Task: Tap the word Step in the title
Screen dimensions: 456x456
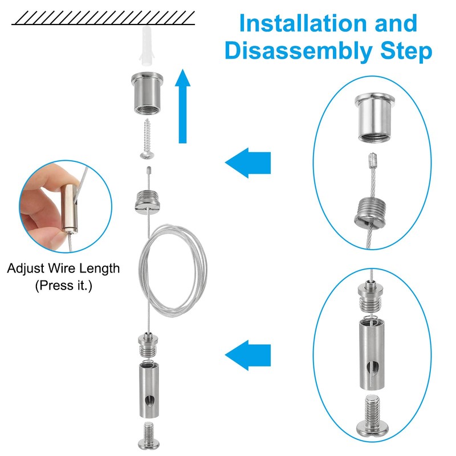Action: coord(405,51)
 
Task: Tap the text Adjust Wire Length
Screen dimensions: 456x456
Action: coord(63,268)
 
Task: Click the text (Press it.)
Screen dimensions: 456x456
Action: coord(63,285)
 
